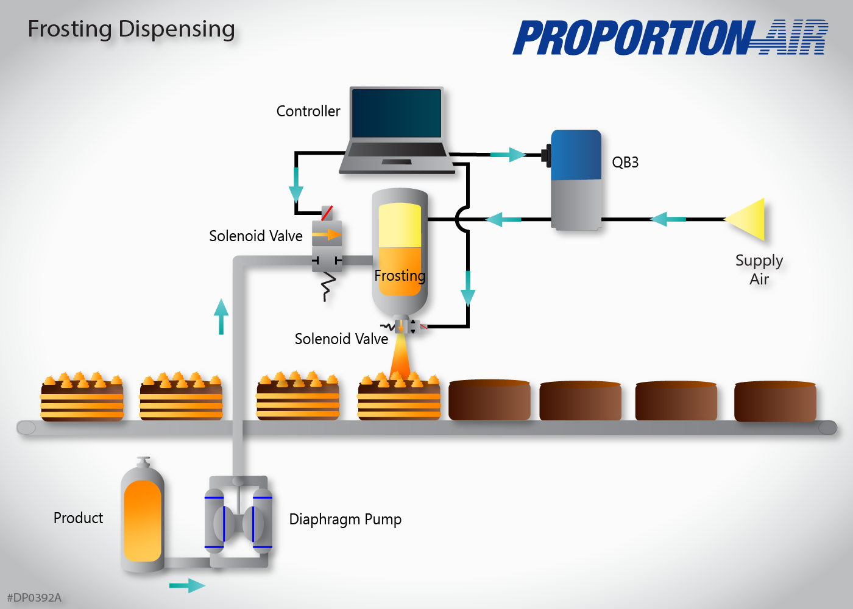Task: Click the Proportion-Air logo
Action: [670, 38]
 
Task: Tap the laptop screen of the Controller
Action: [396, 113]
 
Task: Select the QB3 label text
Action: [625, 163]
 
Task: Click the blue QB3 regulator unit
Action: [576, 180]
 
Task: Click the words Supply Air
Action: [759, 270]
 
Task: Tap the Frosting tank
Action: [400, 250]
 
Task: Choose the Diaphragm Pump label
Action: [345, 519]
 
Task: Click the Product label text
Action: [78, 518]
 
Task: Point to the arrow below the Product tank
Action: [187, 586]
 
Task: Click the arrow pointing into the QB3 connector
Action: [508, 155]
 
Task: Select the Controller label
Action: [308, 111]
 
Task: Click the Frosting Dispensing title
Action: [131, 29]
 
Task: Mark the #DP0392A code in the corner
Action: [34, 598]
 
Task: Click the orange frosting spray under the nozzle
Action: [400, 359]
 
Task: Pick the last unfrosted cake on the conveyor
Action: [775, 401]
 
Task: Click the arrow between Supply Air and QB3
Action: [668, 219]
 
